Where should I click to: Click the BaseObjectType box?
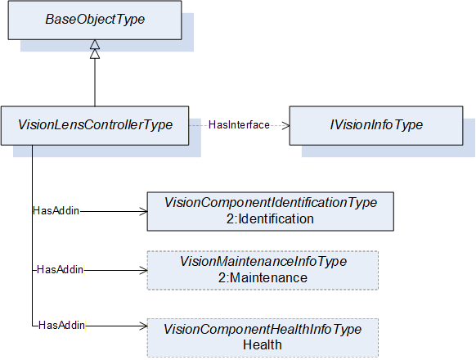click(95, 20)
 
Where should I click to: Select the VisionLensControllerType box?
click(95, 125)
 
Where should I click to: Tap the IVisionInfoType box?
click(376, 125)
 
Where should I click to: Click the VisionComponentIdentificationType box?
click(271, 211)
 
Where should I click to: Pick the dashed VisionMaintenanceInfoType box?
click(263, 270)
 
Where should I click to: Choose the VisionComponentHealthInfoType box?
click(263, 338)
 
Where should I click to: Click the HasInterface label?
click(239, 125)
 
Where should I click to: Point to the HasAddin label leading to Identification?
click(56, 211)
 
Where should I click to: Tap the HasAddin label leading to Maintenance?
click(60, 270)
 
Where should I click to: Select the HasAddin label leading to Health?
click(61, 326)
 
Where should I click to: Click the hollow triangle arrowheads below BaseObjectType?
click(95, 49)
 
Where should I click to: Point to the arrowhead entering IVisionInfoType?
click(285, 125)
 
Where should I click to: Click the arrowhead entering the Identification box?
click(144, 211)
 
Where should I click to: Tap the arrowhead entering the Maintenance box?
click(144, 270)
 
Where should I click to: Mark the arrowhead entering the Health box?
click(144, 326)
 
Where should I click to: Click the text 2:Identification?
click(270, 219)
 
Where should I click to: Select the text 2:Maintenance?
click(263, 278)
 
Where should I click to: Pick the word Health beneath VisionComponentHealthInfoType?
click(263, 345)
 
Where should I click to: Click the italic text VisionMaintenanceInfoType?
click(263, 262)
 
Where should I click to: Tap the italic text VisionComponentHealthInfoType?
click(263, 329)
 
